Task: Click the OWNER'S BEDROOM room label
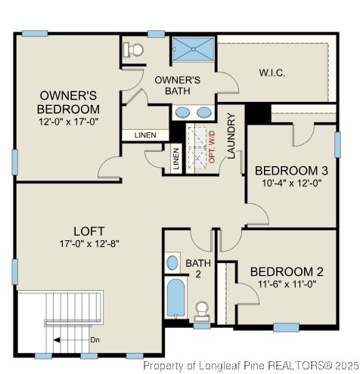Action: [69, 102]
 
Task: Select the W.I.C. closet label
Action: [271, 73]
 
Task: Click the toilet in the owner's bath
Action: [135, 50]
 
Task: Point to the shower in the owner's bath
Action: [193, 49]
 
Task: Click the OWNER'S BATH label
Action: [177, 85]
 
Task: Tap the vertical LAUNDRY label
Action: [232, 133]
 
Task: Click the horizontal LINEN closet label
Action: [145, 135]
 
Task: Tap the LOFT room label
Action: [88, 230]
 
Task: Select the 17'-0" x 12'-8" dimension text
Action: [88, 243]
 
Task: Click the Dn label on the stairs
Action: [95, 340]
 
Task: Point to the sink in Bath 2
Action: [172, 264]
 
